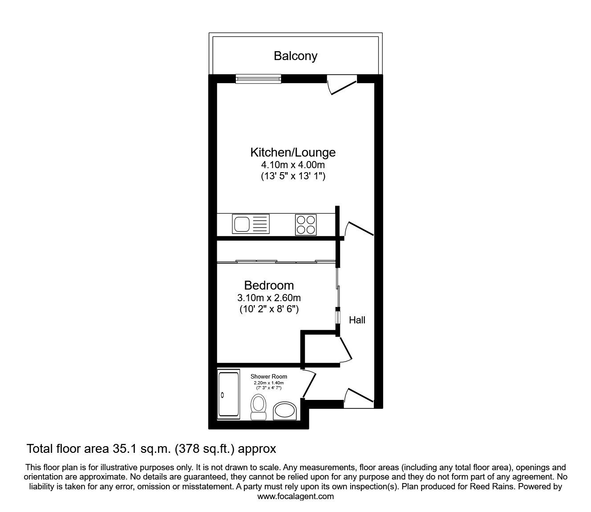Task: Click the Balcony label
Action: coord(295,56)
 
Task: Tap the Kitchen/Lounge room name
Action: coord(293,153)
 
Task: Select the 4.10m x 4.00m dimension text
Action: coord(293,165)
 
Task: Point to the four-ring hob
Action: coord(306,224)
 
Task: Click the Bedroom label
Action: coord(269,285)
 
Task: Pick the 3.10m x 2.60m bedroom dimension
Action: coord(269,298)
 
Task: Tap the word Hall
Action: coord(357,320)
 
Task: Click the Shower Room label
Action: coord(269,376)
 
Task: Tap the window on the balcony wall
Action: coord(259,79)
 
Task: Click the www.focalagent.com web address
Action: coord(295,496)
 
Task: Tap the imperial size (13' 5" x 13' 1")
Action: coord(293,176)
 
